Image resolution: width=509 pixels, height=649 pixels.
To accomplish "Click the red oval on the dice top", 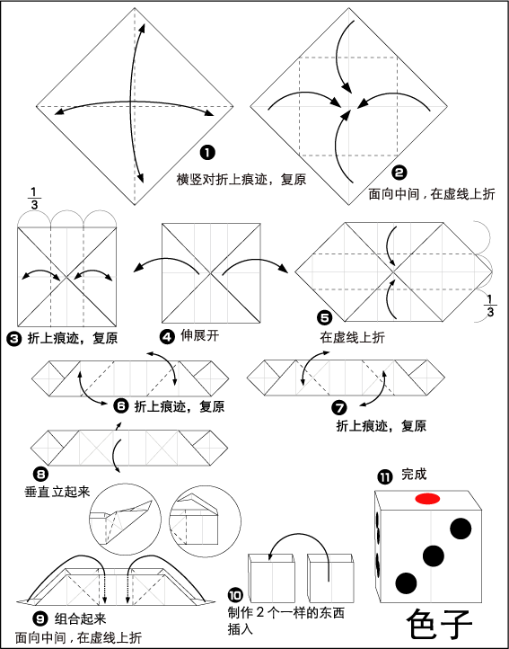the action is tap(427, 499).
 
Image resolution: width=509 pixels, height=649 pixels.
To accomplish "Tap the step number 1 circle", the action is tap(207, 153).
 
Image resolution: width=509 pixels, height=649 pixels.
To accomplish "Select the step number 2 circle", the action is tap(399, 173).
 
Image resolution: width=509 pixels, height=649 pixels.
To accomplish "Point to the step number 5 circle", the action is tap(325, 318).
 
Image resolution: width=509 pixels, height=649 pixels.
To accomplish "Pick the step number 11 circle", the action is tap(384, 477).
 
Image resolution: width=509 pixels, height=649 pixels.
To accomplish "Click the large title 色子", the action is tap(439, 625).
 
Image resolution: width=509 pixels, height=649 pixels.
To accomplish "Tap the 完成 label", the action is tap(414, 475).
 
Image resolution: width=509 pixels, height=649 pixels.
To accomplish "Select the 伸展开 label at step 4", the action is tap(199, 335).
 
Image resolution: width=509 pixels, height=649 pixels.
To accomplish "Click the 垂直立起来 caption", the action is tap(57, 492).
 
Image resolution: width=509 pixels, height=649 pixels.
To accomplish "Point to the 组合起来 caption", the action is tap(80, 618).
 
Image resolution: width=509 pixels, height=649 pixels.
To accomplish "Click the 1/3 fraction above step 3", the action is tap(36, 198).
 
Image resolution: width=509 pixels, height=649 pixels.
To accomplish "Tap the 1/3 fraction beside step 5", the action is tap(490, 306).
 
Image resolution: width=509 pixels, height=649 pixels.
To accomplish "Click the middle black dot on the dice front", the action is tap(434, 556).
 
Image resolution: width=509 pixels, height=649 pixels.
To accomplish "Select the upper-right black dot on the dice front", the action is tap(461, 529).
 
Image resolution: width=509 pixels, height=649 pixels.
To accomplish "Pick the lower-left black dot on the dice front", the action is tap(406, 583).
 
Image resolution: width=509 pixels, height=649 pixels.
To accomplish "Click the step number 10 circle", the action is tap(235, 596).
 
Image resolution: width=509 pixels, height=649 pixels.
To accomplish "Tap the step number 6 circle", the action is tap(120, 406).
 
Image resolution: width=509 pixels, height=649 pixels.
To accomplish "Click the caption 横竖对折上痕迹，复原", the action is tap(241, 180).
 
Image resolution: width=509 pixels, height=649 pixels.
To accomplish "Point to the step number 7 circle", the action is tap(339, 408).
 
